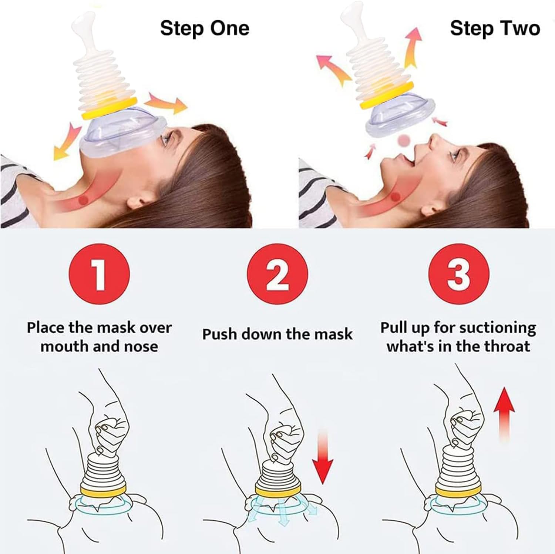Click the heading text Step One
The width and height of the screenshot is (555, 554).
click(205, 28)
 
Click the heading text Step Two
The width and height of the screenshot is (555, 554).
click(495, 28)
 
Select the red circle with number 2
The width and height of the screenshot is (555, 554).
click(277, 275)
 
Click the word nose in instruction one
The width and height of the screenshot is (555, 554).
click(141, 347)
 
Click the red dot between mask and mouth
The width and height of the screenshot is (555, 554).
click(404, 140)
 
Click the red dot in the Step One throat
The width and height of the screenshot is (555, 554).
click(85, 200)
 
